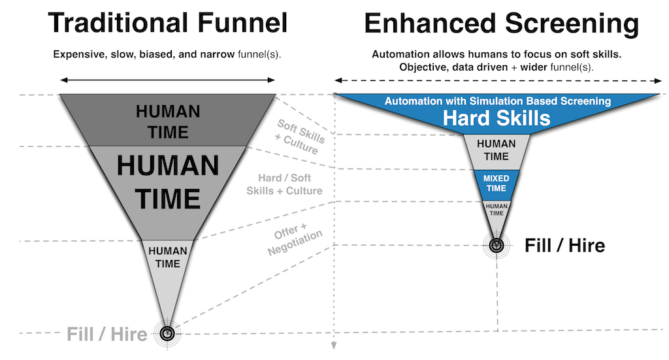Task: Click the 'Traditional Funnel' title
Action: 167,24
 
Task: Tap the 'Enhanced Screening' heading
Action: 501,24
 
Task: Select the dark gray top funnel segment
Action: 167,121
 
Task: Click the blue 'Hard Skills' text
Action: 497,118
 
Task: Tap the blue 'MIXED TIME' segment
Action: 497,184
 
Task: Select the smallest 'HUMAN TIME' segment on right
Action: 497,209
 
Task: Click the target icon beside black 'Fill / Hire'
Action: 497,246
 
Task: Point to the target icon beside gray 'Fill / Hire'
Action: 168,333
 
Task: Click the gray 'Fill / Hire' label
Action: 106,335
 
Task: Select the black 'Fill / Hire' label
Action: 564,246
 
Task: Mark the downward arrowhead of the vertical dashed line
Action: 334,346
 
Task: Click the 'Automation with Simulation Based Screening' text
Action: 497,101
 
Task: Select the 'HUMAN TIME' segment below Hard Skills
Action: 497,150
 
